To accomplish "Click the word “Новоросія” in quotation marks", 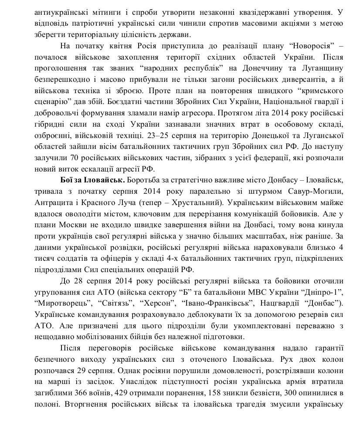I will tap(305, 57).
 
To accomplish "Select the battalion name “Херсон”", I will tap(162, 302).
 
